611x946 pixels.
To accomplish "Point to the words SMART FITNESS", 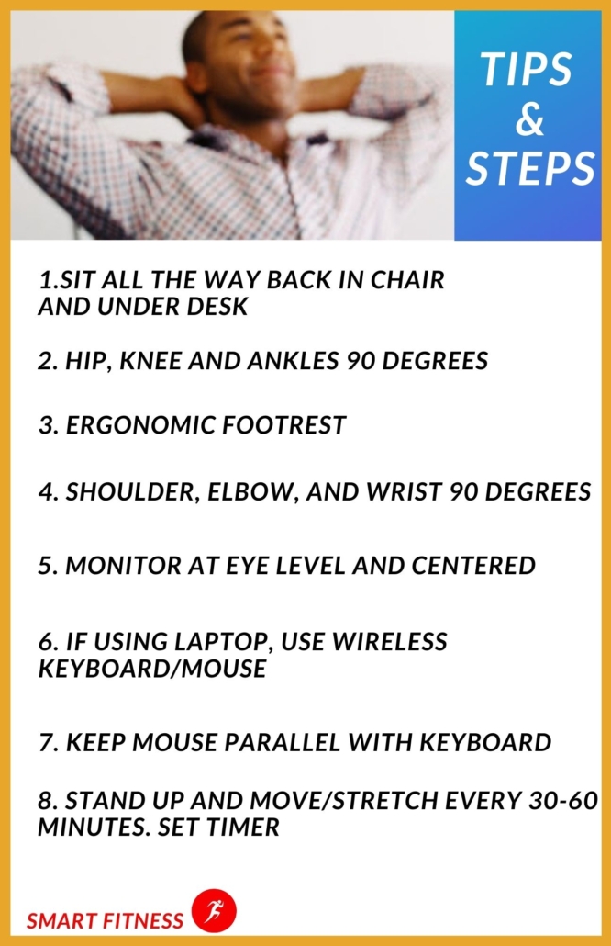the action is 105,920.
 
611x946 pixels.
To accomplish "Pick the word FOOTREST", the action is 283,424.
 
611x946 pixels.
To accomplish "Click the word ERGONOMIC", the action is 140,424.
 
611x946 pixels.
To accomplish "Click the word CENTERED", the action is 473,566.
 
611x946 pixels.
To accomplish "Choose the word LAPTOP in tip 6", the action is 226,642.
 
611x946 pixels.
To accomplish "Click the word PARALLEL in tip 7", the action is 283,742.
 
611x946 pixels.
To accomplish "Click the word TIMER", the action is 242,827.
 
